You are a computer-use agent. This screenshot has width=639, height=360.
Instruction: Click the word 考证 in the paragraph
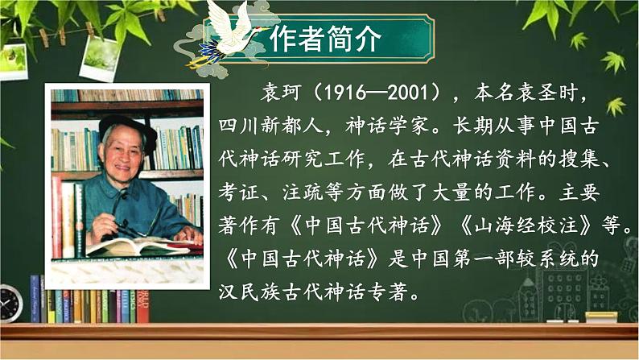(237, 193)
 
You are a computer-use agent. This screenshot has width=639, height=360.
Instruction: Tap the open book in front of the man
(133, 245)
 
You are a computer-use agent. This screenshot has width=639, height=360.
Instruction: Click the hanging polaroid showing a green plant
(101, 57)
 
